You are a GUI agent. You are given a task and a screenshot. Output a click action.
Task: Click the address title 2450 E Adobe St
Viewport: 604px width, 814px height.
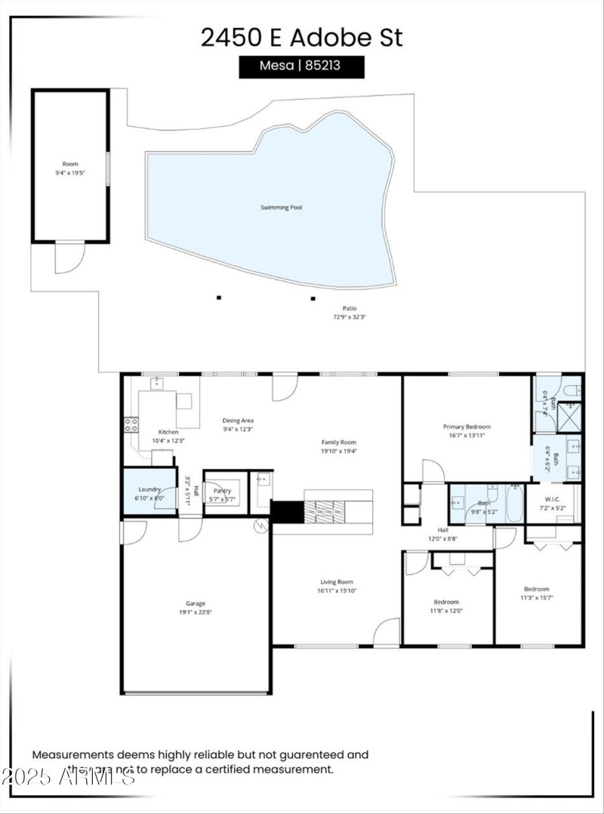coord(301,37)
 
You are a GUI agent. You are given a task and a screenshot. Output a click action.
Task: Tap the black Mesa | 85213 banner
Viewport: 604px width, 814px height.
coord(301,66)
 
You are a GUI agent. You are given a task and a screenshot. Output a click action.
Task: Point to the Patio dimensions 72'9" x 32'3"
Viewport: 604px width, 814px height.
coord(349,317)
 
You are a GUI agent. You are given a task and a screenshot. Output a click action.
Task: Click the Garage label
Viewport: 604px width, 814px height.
coord(196,603)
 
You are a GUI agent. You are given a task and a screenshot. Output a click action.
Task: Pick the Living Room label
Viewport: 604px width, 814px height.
coord(336,581)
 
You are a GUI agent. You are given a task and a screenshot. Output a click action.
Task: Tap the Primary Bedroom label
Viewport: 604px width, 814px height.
coord(467,427)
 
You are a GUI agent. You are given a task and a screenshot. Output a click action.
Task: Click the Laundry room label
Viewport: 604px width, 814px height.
coord(149,489)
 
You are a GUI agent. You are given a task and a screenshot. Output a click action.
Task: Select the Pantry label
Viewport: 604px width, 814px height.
coord(222,491)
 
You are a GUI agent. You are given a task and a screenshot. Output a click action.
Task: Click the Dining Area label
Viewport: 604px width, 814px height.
coord(237,421)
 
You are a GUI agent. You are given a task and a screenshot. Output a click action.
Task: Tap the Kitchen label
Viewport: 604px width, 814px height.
coord(168,432)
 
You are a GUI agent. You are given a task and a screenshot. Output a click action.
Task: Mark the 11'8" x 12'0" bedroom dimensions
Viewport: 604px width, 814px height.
coord(446,611)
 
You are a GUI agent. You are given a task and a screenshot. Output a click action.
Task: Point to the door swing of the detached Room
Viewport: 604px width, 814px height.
coord(65,258)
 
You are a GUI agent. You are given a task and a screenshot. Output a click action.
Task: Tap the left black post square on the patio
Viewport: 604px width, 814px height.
coord(219,298)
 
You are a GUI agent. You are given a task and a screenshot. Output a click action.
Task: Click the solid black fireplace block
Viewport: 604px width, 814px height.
coord(286,511)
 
